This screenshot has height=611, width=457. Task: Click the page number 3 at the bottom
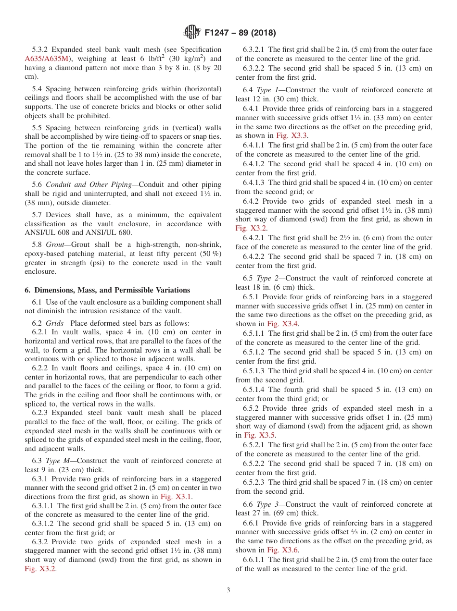pyautogui.click(x=228, y=590)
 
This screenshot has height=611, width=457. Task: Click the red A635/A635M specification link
pyautogui.click(x=47, y=59)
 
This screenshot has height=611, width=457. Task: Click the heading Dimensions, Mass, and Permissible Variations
pyautogui.click(x=112, y=290)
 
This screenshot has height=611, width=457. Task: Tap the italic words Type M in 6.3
pyautogui.click(x=58, y=461)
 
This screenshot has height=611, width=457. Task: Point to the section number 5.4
pyautogui.click(x=38, y=89)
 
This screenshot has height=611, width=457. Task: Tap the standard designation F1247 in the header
pyautogui.click(x=219, y=33)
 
